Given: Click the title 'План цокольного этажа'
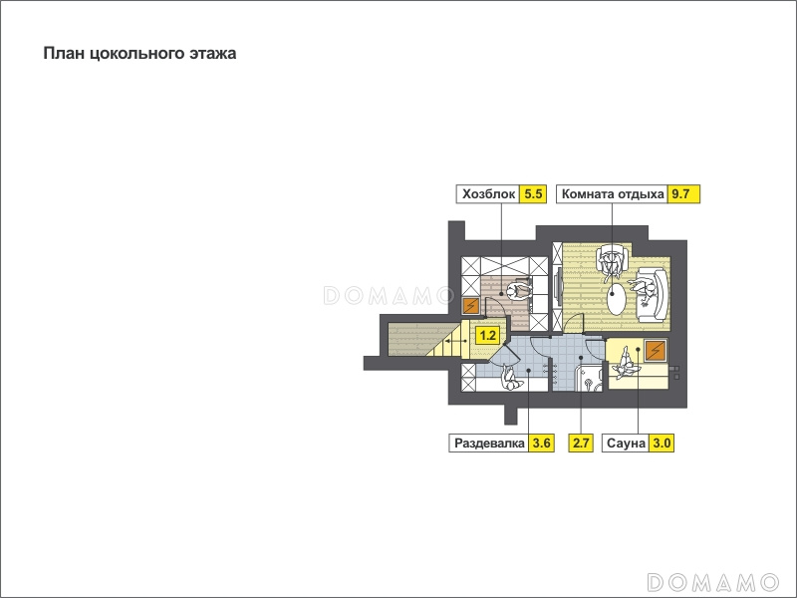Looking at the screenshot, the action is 139,54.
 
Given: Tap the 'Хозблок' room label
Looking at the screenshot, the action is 488,193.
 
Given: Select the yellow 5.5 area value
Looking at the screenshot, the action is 533,193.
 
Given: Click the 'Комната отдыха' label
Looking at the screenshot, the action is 613,193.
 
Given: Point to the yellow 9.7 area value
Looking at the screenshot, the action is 683,193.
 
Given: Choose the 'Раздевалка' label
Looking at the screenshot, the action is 489,443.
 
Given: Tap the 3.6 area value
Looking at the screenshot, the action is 541,443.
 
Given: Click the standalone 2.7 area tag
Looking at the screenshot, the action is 581,443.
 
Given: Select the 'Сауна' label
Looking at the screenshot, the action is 626,443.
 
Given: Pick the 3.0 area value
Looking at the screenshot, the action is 662,443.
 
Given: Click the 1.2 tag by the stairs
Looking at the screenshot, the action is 488,336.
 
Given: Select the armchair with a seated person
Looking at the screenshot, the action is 612,261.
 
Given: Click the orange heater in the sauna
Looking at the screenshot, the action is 656,350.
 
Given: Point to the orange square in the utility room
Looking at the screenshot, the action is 470,306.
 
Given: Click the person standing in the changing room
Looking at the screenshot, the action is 511,380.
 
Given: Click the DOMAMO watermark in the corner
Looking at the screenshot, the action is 712,581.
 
